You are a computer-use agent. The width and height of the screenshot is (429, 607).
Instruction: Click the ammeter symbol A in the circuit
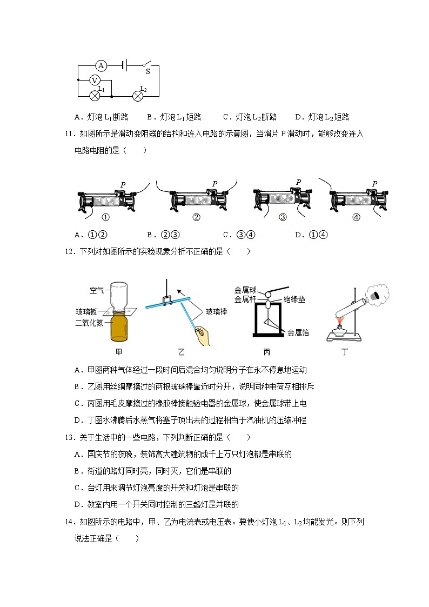pyautogui.click(x=100, y=65)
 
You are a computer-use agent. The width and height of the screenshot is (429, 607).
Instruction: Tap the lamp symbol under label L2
pyautogui.click(x=138, y=96)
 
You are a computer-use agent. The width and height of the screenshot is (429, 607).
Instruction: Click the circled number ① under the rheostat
pyautogui.click(x=106, y=218)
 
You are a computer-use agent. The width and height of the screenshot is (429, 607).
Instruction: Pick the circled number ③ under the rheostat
pyautogui.click(x=282, y=218)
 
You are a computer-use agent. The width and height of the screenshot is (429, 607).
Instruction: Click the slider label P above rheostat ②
pyautogui.click(x=215, y=184)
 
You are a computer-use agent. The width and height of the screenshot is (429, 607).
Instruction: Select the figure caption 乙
pyautogui.click(x=182, y=352)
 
